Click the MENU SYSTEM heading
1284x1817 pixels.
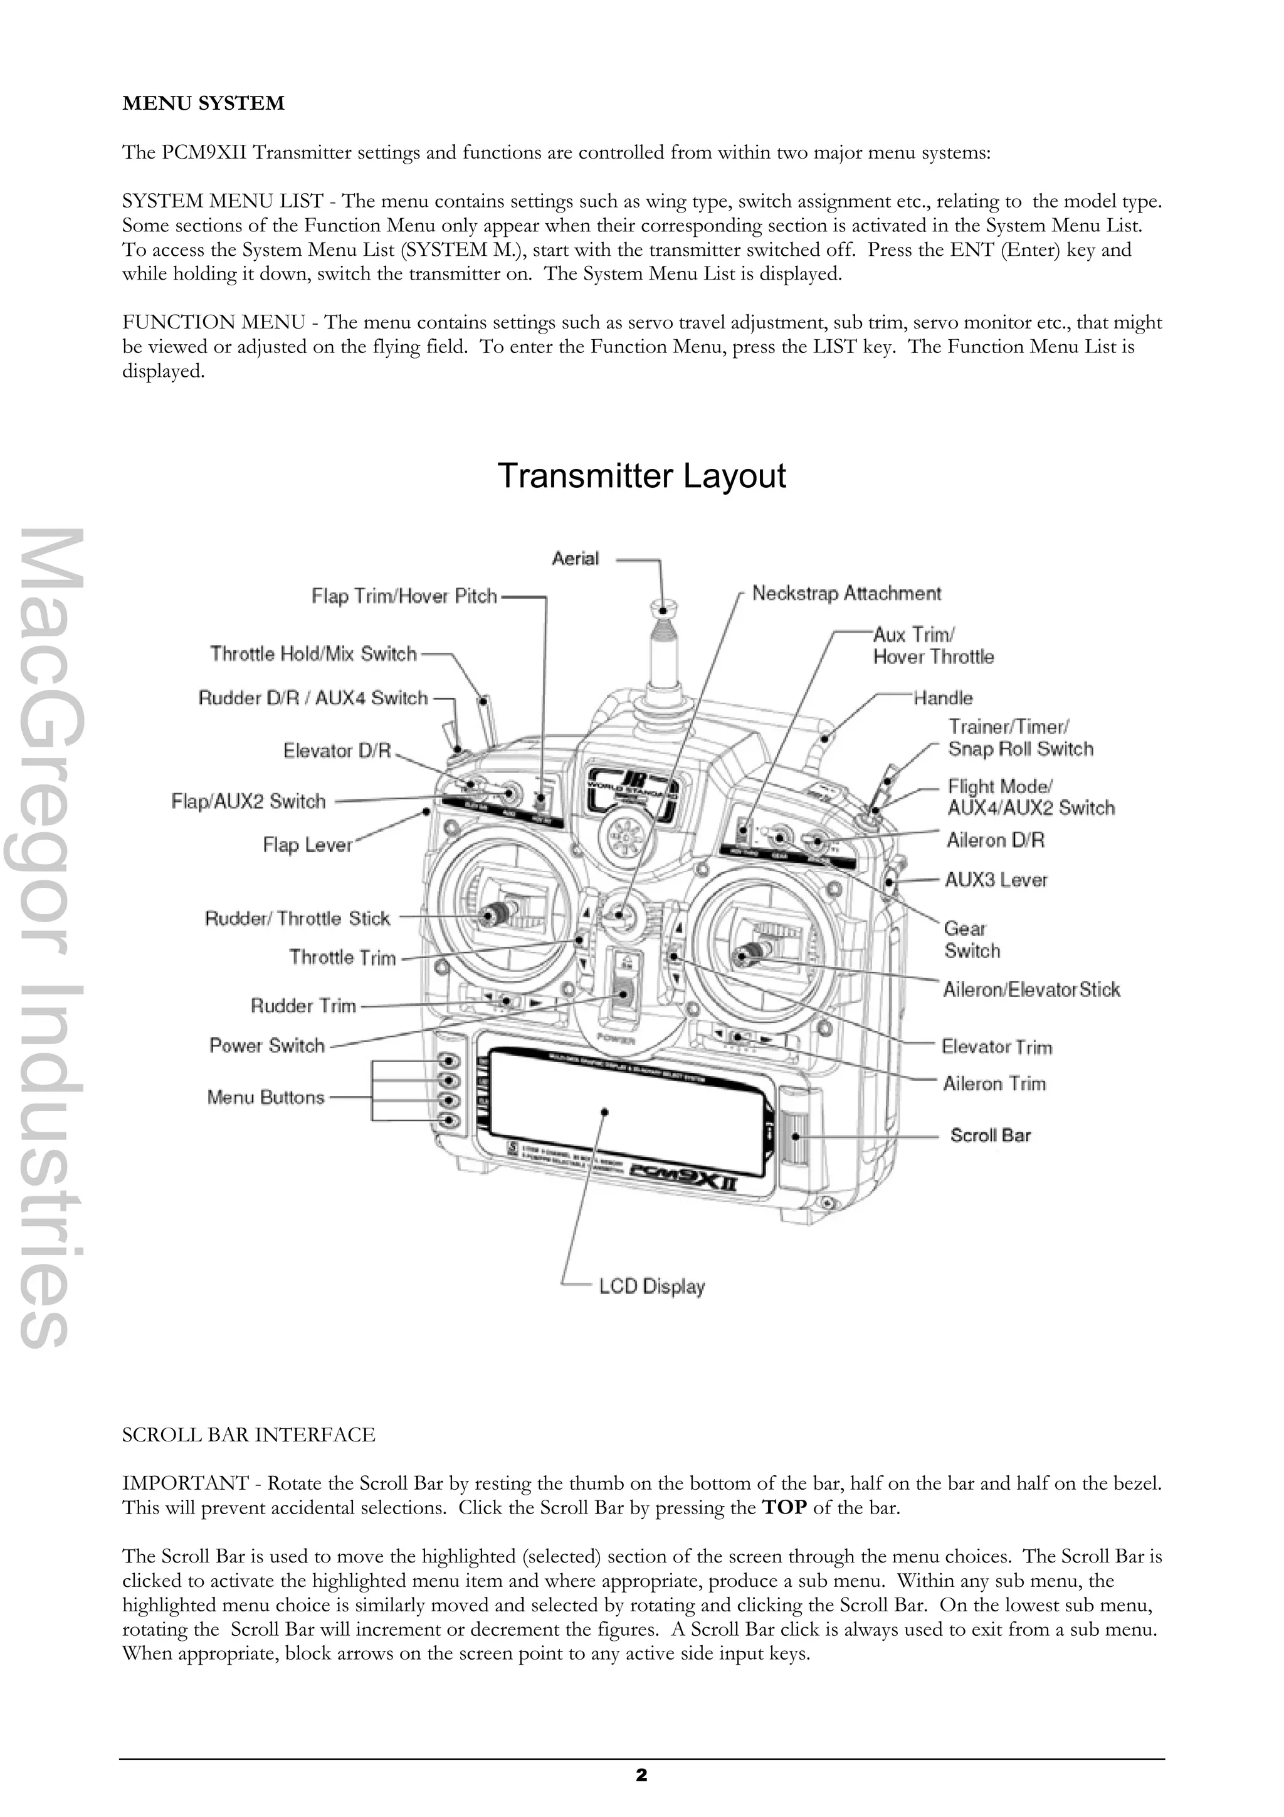(203, 103)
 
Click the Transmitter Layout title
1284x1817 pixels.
(641, 477)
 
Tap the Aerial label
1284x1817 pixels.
(575, 559)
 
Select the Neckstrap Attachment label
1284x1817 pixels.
(846, 594)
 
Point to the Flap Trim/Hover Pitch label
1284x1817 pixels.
(404, 596)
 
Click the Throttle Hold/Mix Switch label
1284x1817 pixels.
(313, 654)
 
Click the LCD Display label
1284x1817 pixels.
(651, 1287)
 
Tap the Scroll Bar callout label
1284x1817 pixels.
(991, 1135)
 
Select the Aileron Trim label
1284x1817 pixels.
(994, 1083)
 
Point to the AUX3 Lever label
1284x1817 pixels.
(995, 880)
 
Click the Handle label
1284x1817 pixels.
(942, 698)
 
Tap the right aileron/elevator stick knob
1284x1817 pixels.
(746, 956)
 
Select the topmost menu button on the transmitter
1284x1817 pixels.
(450, 1060)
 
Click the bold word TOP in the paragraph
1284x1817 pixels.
(783, 1507)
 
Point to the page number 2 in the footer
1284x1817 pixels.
(641, 1775)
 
